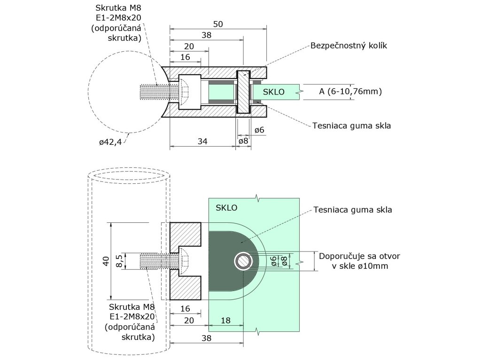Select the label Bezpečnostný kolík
point(348,46)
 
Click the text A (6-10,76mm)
point(350,91)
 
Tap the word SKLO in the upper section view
point(274,92)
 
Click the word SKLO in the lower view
point(226,207)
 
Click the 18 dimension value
point(225,320)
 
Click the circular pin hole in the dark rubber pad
point(243,260)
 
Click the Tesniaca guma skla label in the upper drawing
point(352,126)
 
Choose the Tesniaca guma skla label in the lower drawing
point(352,210)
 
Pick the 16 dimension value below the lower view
point(186,309)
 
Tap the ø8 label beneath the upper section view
point(243,141)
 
